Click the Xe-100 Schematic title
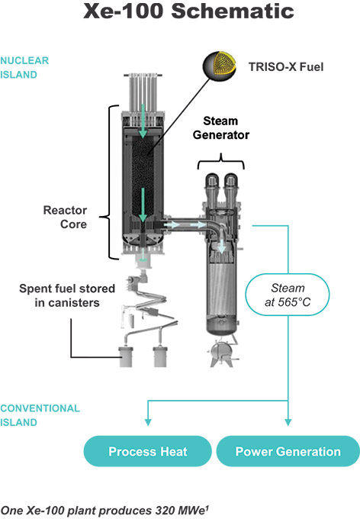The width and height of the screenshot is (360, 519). click(x=180, y=14)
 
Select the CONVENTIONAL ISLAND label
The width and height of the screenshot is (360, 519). click(x=40, y=414)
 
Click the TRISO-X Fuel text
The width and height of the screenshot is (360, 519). click(x=287, y=67)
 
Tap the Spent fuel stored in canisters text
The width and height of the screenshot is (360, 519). click(x=68, y=295)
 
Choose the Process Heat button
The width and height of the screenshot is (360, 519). click(x=147, y=451)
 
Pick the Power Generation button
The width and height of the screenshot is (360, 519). click(x=288, y=451)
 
